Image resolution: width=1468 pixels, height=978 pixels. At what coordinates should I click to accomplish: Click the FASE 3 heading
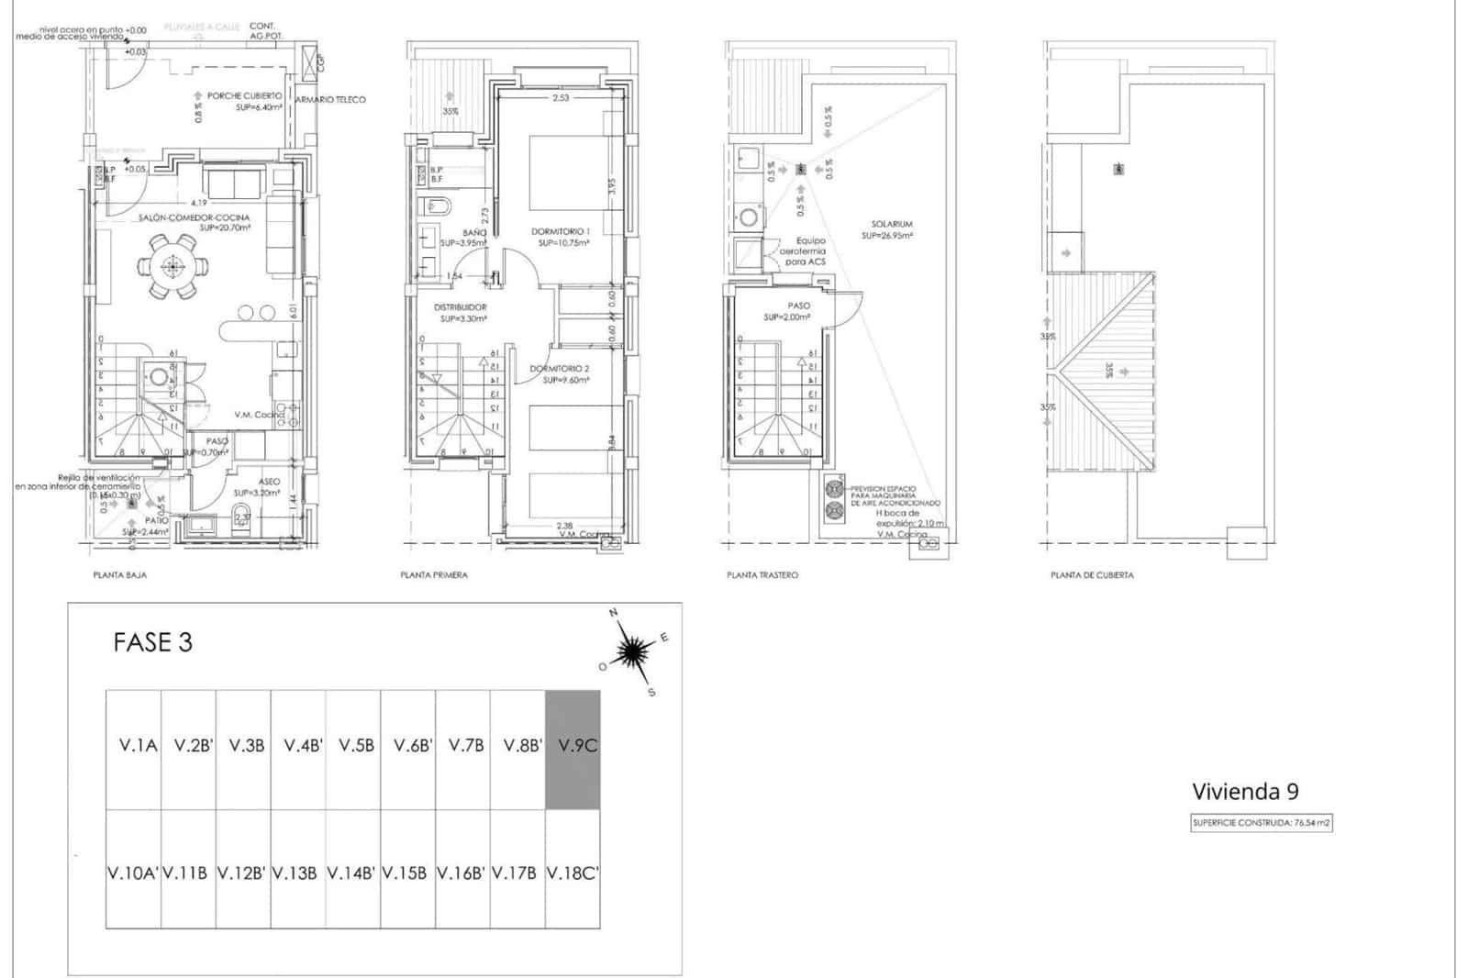coord(153,642)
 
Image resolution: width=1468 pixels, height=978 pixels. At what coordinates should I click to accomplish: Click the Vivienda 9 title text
coord(1245,791)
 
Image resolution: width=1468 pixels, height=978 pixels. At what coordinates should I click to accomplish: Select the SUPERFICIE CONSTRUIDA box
coord(1262,823)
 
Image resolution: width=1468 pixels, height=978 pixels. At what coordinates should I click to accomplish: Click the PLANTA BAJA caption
coord(119,575)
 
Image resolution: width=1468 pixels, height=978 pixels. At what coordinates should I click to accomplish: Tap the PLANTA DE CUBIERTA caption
coord(1092,575)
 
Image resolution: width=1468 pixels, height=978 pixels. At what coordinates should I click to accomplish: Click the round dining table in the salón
coord(172,267)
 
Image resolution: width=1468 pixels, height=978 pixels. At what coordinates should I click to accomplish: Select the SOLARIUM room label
coord(892,224)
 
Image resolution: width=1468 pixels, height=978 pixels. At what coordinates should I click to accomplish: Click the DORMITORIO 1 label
coord(560,231)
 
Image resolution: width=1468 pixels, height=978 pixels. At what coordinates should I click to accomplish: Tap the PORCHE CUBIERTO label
coord(244,95)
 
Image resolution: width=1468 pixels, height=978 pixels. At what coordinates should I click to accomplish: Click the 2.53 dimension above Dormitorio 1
coord(561,98)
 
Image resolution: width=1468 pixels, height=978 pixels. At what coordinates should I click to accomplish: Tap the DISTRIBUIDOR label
coord(461,307)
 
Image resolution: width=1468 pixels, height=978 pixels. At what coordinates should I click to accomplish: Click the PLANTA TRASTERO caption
coord(762,575)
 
